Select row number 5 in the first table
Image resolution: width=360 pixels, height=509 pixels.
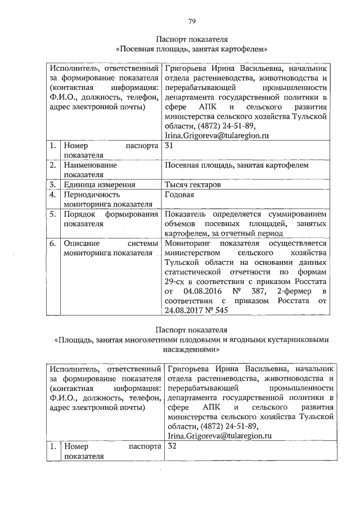(x=52, y=214)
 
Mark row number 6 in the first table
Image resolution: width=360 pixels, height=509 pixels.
(x=52, y=243)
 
